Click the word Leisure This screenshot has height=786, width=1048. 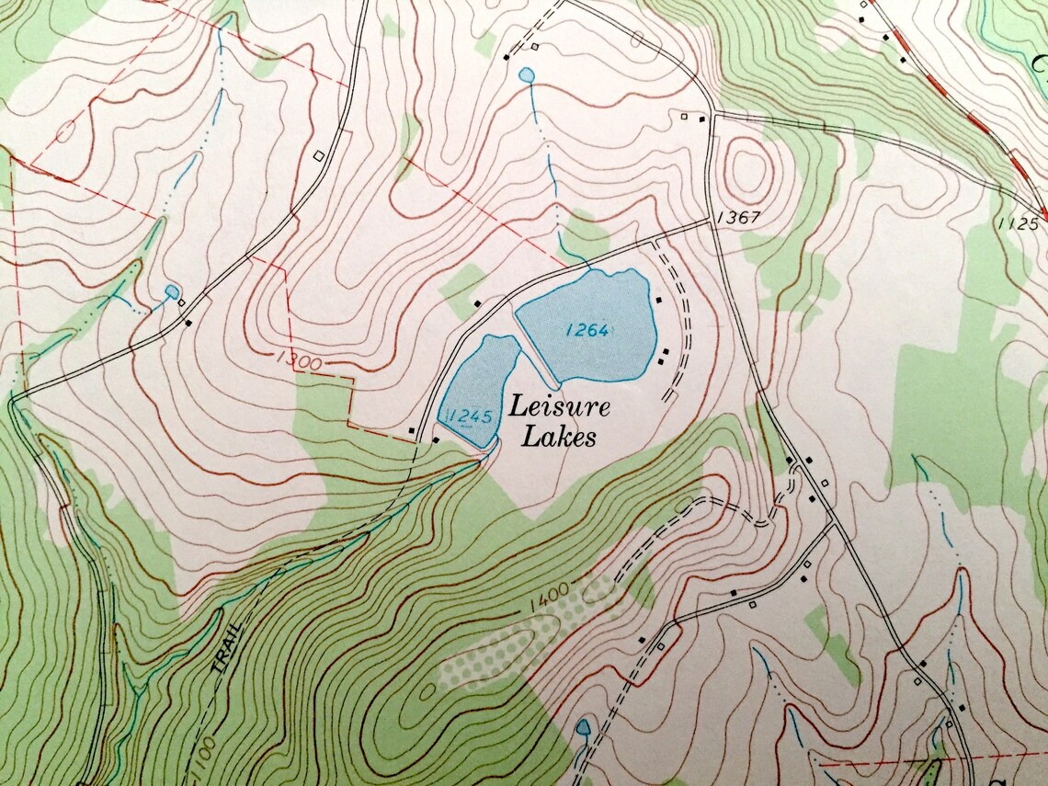point(560,406)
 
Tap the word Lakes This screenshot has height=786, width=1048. point(558,437)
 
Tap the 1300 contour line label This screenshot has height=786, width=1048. point(297,361)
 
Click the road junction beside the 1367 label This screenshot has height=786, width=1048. point(712,222)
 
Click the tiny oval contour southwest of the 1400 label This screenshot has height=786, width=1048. point(429,689)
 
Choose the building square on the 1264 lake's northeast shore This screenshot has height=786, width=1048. point(658,300)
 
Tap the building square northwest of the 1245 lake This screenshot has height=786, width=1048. point(477,302)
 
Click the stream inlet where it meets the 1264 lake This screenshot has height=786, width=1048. point(585,268)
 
